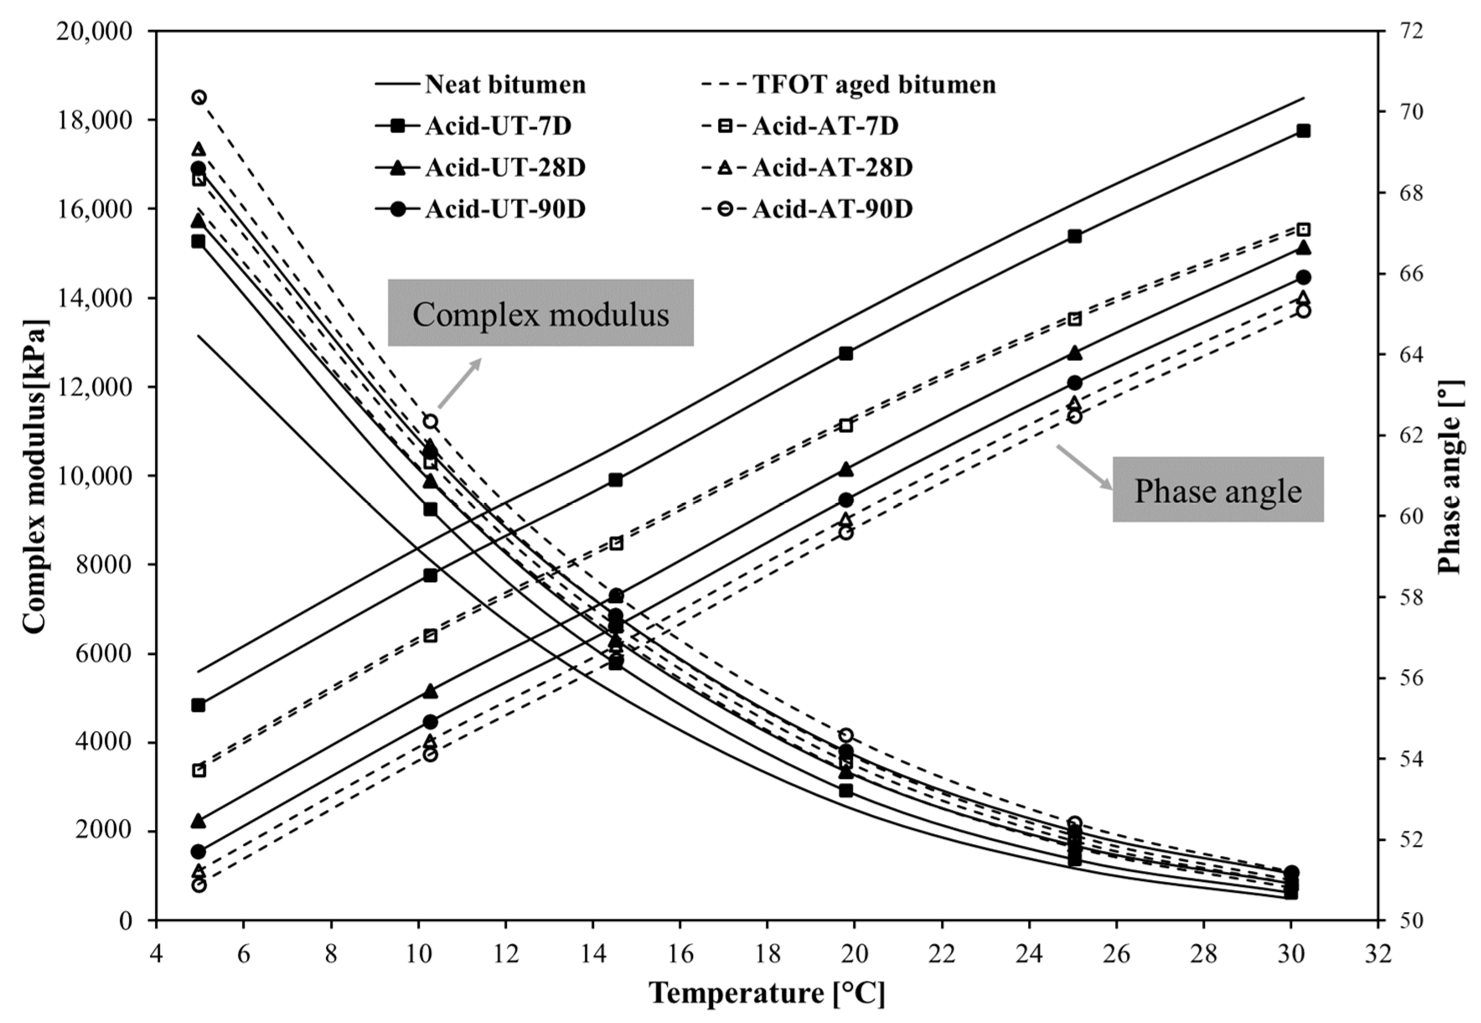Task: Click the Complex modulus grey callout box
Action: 540,313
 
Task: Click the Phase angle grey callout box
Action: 1217,490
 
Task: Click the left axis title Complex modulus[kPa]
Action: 35,476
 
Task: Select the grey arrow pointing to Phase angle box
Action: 1084,467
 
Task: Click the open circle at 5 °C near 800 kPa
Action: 199,885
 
